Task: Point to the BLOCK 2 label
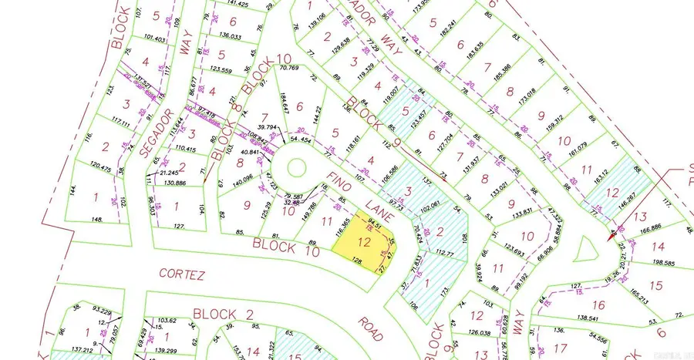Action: pos(223,314)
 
